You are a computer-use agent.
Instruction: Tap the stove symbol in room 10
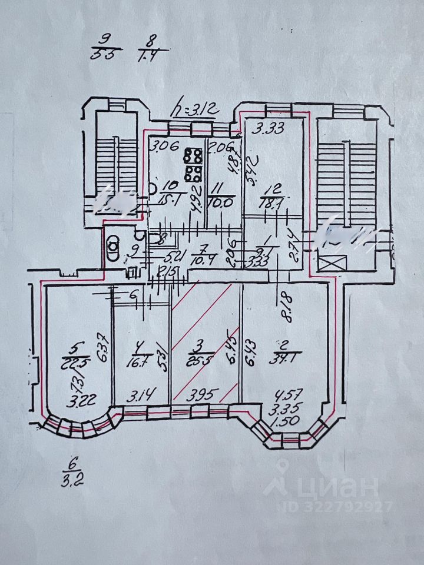191,165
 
